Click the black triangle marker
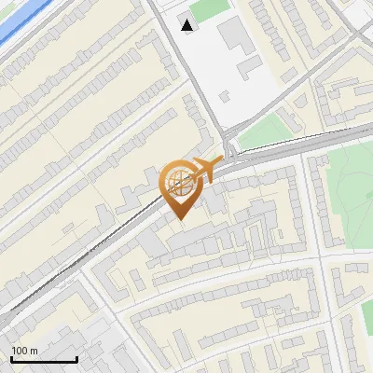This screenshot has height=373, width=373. pyautogui.click(x=189, y=25)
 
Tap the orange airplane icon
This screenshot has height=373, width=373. pyautogui.click(x=203, y=171)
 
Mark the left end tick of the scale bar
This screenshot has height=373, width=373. pyautogui.click(x=11, y=358)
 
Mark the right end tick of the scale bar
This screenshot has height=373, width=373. pyautogui.click(x=76, y=358)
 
